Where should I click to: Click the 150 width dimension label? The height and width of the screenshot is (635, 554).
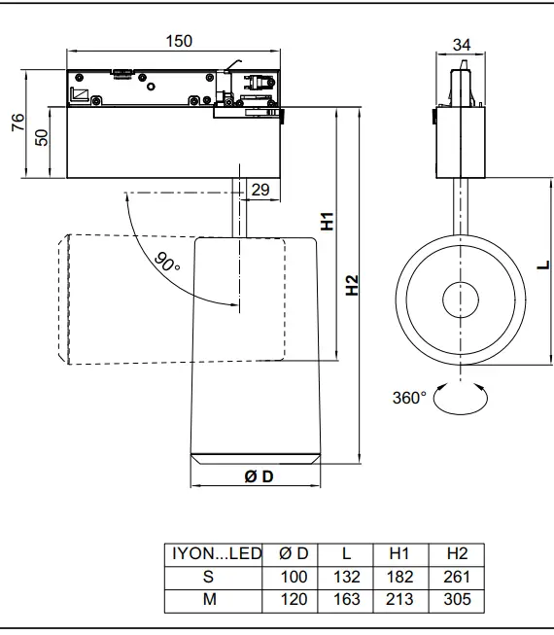179,41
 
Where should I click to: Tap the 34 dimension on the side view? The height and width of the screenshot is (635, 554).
462,44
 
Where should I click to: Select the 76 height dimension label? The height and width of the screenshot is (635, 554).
17,124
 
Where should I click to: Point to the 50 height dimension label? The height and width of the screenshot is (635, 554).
41,136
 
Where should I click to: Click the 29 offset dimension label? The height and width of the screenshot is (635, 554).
260,190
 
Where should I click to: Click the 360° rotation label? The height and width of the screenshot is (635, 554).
409,398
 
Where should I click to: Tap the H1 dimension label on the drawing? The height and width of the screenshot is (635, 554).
328,222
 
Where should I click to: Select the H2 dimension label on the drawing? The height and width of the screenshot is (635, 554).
352,285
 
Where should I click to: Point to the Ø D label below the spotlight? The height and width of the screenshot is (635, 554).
258,476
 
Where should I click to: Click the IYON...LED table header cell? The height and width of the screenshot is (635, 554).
217,553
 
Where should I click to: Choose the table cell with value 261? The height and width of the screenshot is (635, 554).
457,577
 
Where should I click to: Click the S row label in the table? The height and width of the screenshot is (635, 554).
209,577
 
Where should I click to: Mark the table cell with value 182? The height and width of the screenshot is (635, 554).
399,577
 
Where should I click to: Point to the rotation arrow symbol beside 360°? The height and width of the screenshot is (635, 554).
462,399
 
